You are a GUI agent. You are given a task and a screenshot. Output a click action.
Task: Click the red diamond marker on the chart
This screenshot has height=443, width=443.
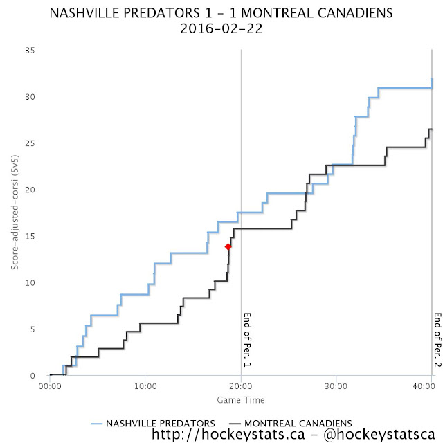[x=228, y=246]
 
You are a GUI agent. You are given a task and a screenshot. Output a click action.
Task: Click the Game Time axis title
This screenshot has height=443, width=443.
[x=240, y=400]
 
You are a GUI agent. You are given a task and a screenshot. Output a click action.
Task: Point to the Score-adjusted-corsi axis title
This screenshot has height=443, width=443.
[x=15, y=213]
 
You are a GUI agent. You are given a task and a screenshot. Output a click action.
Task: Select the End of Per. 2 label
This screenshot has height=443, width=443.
[x=437, y=342]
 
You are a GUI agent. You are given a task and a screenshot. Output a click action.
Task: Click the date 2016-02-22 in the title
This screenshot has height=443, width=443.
[x=221, y=30]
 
